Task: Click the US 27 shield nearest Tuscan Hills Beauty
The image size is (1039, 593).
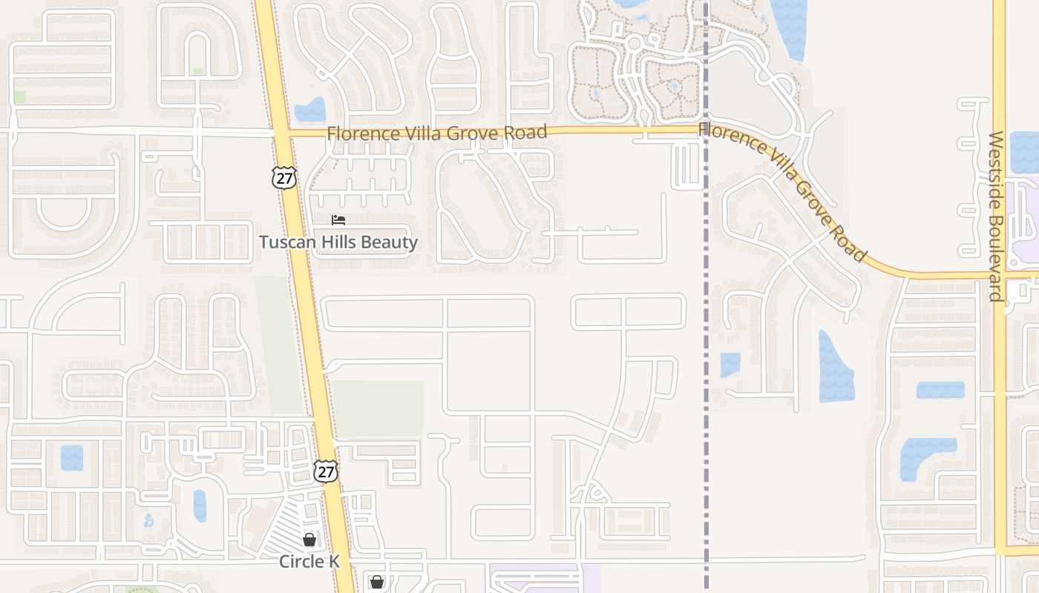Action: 283,177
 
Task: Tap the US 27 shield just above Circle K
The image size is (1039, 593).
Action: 325,471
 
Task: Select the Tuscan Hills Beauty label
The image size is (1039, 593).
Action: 338,242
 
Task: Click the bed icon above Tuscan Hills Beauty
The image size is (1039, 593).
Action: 338,220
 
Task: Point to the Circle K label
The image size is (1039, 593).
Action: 309,562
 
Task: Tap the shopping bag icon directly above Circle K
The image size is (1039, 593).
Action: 309,540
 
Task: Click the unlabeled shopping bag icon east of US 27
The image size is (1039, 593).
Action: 377,582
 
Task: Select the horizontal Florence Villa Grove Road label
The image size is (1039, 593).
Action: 436,133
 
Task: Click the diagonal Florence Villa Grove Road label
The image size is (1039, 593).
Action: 783,191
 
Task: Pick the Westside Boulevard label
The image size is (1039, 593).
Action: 996,216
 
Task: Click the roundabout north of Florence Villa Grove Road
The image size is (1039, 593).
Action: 633,44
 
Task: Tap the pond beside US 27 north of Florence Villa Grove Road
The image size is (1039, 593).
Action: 310,110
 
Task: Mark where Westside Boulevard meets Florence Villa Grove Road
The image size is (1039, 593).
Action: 1000,276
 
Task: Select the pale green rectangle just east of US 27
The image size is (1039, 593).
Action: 376,408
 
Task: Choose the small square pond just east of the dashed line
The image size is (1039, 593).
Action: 730,365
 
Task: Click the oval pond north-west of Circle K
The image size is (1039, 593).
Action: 200,506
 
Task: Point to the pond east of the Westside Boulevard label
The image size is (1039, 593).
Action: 1024,152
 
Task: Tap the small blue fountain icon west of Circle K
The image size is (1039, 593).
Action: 148,520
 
